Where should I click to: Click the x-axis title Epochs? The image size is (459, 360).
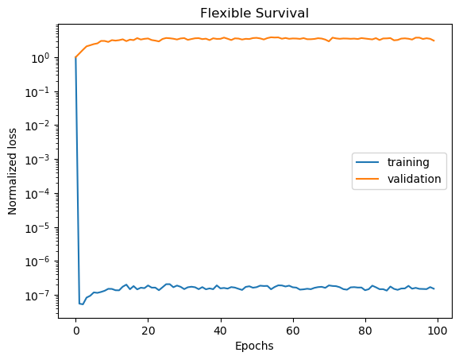(254, 346)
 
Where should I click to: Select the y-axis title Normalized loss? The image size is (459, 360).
(13, 172)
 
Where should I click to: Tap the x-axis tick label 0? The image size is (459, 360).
(75, 329)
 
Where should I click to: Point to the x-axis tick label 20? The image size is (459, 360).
(148, 329)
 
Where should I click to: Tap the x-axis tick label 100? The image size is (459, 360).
(437, 329)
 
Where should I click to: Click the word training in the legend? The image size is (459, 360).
(408, 162)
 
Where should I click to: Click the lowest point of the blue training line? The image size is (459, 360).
(83, 304)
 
